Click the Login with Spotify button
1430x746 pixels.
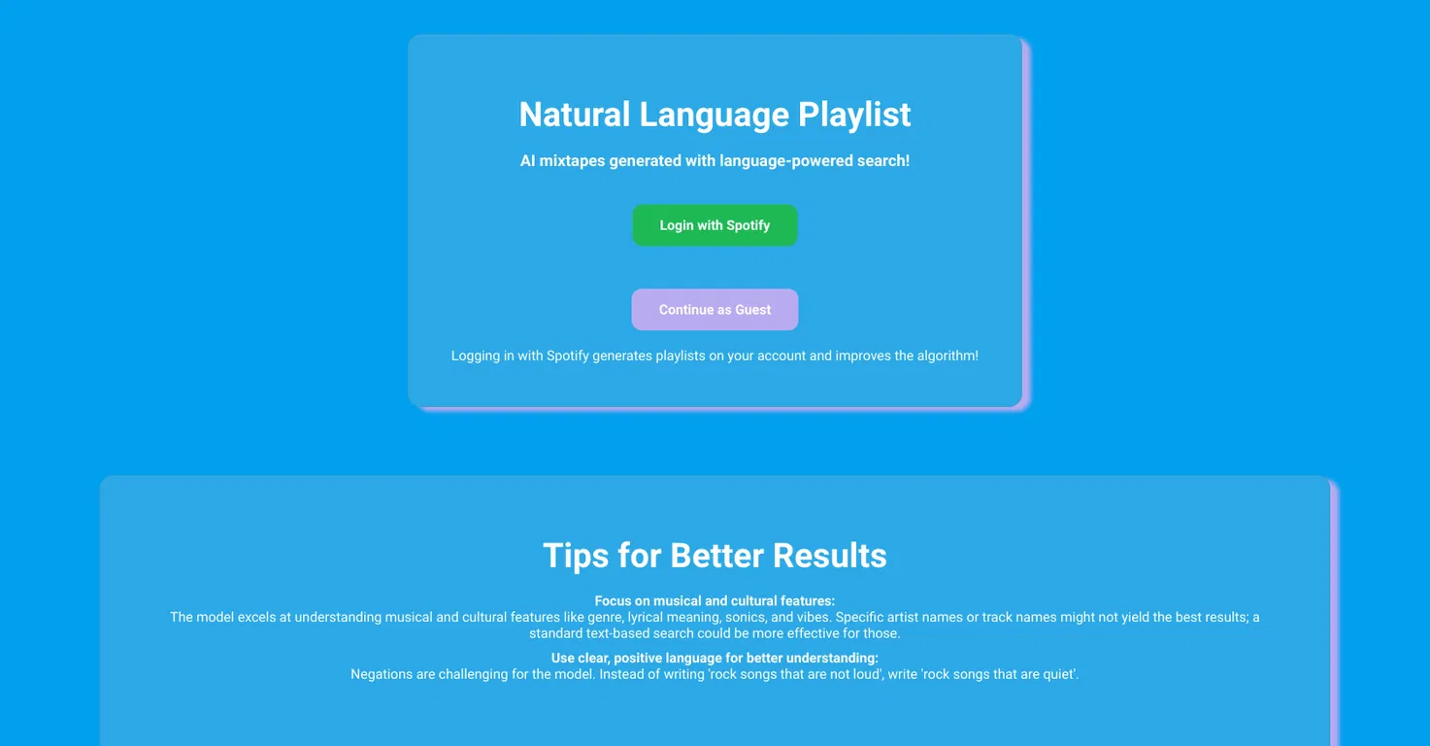[x=715, y=225]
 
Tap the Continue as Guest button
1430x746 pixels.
[x=715, y=310]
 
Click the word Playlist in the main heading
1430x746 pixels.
[x=854, y=115]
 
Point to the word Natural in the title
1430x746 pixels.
[x=575, y=115]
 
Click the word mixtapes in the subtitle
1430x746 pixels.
[x=572, y=161]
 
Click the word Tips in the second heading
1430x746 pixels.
[x=576, y=556]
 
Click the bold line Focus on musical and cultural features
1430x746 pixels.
[x=715, y=601]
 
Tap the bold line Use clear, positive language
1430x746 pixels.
[x=715, y=658]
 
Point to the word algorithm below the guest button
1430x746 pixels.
[x=948, y=356]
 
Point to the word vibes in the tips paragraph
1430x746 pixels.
[x=814, y=618]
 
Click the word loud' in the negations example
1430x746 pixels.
[x=868, y=674]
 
